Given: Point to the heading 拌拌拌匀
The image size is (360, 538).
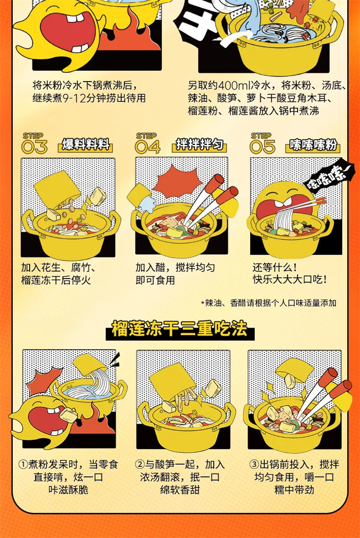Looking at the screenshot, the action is (x=200, y=145).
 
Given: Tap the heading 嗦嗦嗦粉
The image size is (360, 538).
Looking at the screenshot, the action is (x=313, y=145).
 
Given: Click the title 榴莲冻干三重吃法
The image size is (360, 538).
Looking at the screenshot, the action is (x=180, y=329).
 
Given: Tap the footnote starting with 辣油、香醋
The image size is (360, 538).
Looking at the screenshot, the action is (x=268, y=303).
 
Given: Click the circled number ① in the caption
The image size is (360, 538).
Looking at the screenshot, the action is (x=23, y=465).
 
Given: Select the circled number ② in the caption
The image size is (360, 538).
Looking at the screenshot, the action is (x=140, y=465).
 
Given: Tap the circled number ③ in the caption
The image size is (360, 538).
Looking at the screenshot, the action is (x=254, y=465).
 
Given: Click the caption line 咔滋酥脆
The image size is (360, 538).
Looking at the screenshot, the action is (x=68, y=489).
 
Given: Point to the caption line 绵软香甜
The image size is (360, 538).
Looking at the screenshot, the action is (x=180, y=489).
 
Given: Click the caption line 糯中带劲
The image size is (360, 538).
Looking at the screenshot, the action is (x=294, y=489).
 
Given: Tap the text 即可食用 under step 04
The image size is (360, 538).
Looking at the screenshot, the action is (x=156, y=281).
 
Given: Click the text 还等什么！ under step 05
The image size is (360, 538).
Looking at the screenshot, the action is (x=275, y=267).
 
